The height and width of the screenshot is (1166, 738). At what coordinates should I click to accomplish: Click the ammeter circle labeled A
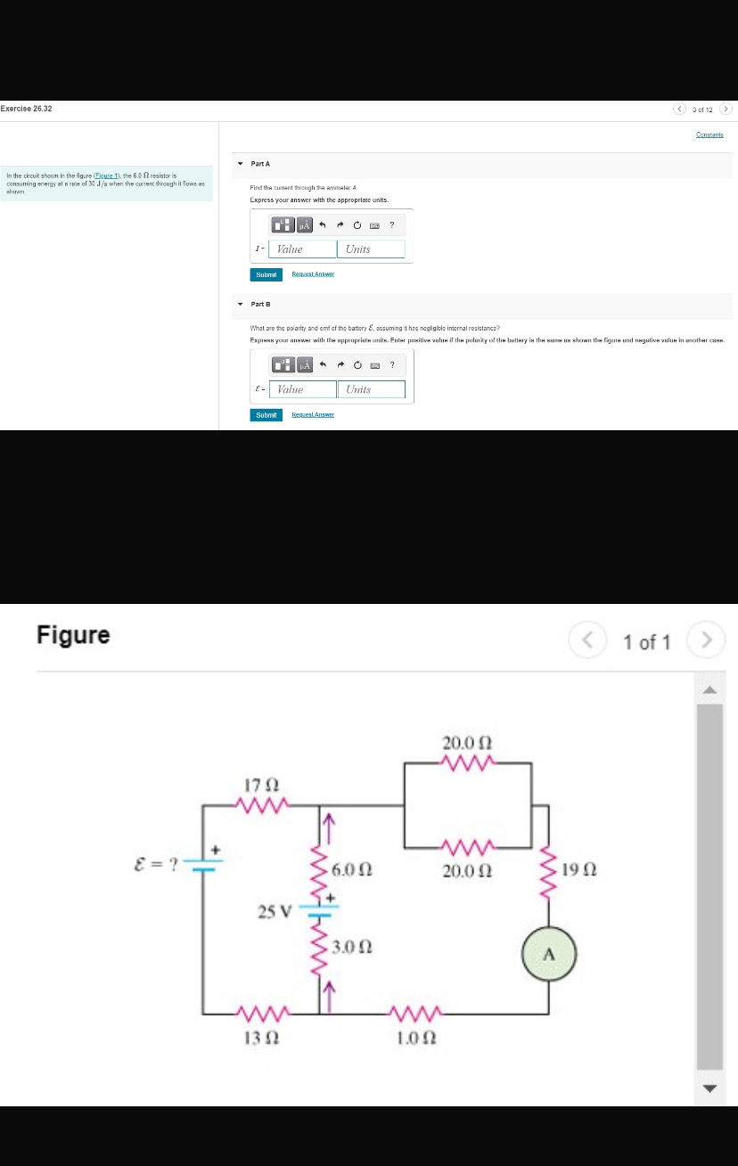tap(550, 955)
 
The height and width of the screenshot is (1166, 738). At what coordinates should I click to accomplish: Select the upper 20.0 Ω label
tap(468, 742)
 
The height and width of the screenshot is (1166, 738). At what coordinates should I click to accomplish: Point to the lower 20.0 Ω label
tap(468, 868)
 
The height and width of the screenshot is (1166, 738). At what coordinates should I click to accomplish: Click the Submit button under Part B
tap(266, 414)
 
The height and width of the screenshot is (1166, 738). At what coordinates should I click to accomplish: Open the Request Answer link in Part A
tap(313, 274)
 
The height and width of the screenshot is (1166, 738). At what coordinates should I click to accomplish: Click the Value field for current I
tap(302, 249)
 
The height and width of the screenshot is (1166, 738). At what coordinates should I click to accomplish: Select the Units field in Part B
tap(371, 389)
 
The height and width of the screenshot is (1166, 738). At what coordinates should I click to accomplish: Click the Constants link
tap(709, 135)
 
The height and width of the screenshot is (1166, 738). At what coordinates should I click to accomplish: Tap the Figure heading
tap(73, 635)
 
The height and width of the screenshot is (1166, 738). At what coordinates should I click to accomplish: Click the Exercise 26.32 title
tap(27, 109)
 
